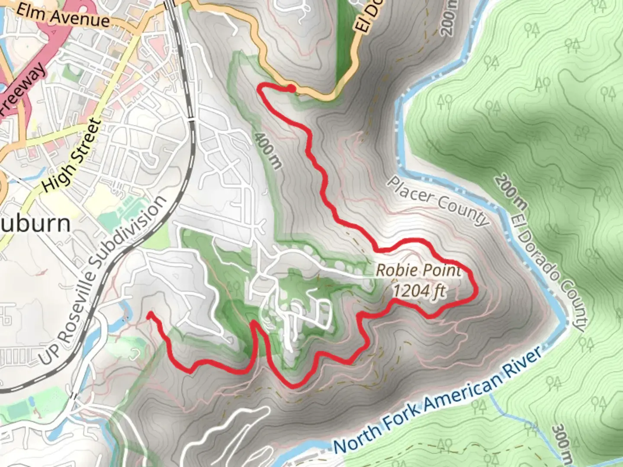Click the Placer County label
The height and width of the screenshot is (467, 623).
pyautogui.click(x=437, y=201)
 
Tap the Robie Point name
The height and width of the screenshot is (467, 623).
pyautogui.click(x=418, y=271)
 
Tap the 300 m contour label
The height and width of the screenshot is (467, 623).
pyautogui.click(x=562, y=441)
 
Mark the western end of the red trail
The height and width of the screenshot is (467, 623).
pyautogui.click(x=149, y=314)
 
